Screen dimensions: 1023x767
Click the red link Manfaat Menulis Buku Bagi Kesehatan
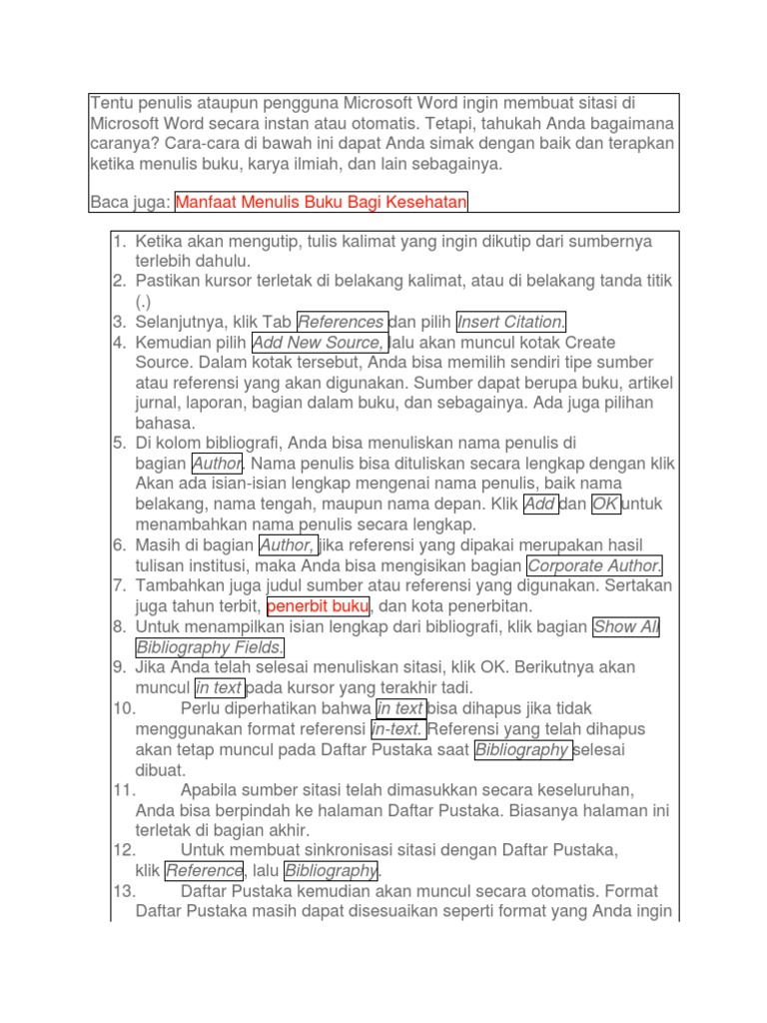pyautogui.click(x=322, y=203)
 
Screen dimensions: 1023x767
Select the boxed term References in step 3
pyautogui.click(x=342, y=322)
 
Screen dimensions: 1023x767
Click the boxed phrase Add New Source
pyautogui.click(x=318, y=343)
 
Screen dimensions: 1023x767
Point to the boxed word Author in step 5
pyautogui.click(x=217, y=464)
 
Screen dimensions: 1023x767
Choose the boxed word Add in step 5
pyautogui.click(x=539, y=505)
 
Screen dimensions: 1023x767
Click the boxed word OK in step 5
pyautogui.click(x=605, y=505)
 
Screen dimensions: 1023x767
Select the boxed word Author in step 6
pyautogui.click(x=288, y=545)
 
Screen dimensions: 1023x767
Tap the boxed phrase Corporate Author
pyautogui.click(x=594, y=566)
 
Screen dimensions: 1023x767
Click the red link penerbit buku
pyautogui.click(x=319, y=606)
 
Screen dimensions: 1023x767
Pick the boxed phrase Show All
pyautogui.click(x=625, y=627)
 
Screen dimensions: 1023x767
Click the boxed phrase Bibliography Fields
pyautogui.click(x=210, y=647)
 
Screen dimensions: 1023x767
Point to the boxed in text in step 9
pyautogui.click(x=219, y=688)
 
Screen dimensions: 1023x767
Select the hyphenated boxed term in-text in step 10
pyautogui.click(x=398, y=729)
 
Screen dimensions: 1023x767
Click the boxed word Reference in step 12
pyautogui.click(x=204, y=871)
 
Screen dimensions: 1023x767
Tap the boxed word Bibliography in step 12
pyautogui.click(x=331, y=871)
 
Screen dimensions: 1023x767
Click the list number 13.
pyautogui.click(x=124, y=891)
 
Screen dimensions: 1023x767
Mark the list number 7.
pyautogui.click(x=119, y=585)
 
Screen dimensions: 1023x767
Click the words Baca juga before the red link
pyautogui.click(x=130, y=203)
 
